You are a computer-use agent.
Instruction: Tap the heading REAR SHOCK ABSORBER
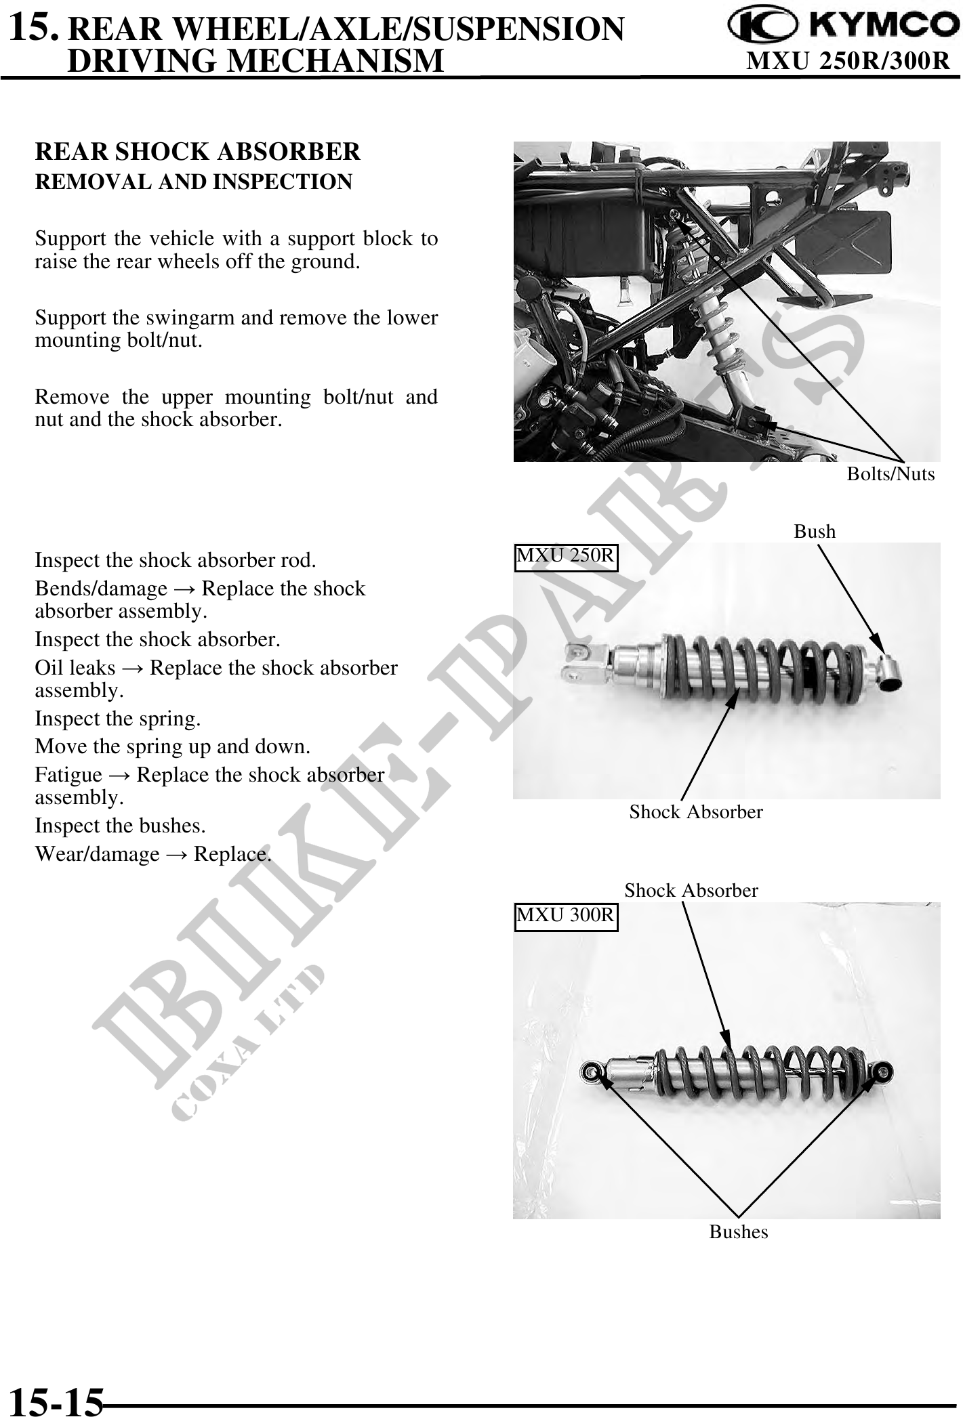[x=197, y=151]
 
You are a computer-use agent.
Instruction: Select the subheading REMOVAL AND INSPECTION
[x=193, y=182]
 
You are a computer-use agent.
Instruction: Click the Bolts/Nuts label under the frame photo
[x=890, y=473]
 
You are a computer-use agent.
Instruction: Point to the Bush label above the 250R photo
[x=814, y=531]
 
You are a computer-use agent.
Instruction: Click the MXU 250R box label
[x=565, y=556]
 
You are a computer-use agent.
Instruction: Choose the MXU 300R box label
[x=565, y=915]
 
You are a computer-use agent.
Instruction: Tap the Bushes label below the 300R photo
[x=738, y=1231]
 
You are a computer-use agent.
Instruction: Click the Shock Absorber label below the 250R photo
[x=695, y=811]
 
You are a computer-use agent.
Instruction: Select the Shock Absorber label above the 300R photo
[x=691, y=890]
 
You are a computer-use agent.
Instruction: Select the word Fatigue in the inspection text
[x=68, y=774]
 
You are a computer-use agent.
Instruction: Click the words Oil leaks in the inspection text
[x=75, y=668]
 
